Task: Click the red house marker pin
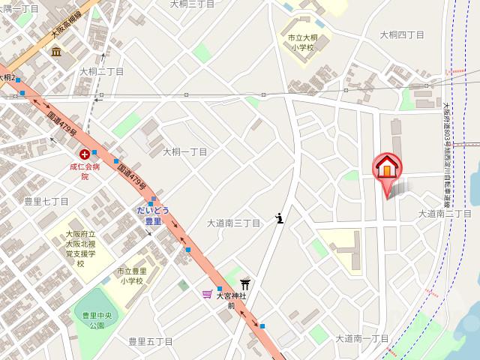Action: pyautogui.click(x=387, y=169)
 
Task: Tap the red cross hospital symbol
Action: pyautogui.click(x=84, y=152)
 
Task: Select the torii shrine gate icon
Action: pyautogui.click(x=244, y=283)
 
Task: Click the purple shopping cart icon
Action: pyautogui.click(x=207, y=294)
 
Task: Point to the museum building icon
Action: pyautogui.click(x=56, y=51)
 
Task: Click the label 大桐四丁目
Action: pyautogui.click(x=401, y=34)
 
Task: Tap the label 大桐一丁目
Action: pyautogui.click(x=184, y=151)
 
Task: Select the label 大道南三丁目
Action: pyautogui.click(x=233, y=223)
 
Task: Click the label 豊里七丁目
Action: pyautogui.click(x=46, y=201)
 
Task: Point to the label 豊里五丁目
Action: pyautogui.click(x=150, y=341)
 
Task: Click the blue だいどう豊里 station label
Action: pyautogui.click(x=153, y=215)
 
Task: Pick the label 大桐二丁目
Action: pyautogui.click(x=101, y=71)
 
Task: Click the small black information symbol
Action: pyautogui.click(x=280, y=218)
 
